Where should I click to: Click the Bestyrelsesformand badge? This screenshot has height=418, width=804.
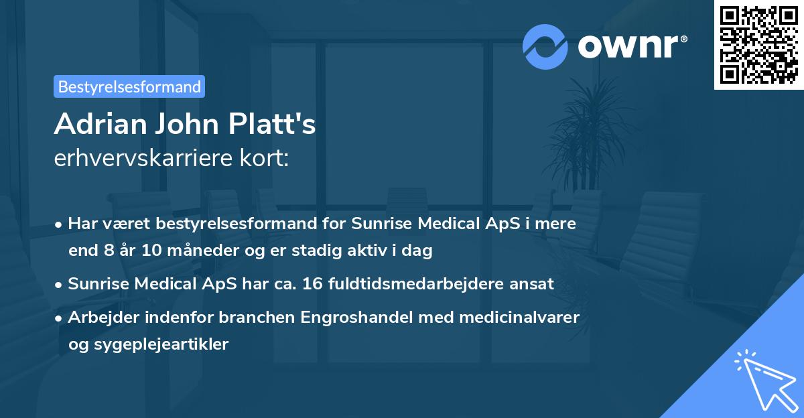point(129,86)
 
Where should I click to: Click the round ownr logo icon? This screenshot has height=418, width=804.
point(545,47)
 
